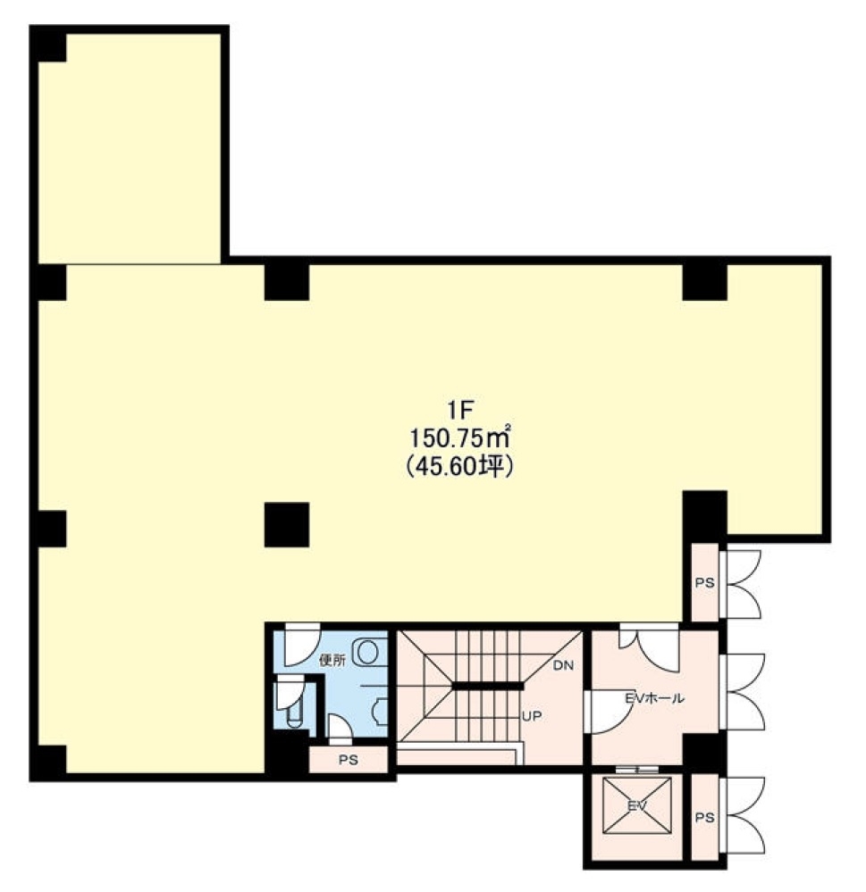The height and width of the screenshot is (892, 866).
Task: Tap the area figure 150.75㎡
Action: tap(459, 438)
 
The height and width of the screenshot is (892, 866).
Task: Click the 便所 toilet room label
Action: tap(333, 661)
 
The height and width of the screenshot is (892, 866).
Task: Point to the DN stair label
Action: tap(563, 665)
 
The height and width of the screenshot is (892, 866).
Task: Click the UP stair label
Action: tap(532, 716)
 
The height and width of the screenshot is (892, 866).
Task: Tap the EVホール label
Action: tap(655, 698)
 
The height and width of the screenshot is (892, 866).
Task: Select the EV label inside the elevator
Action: tap(636, 805)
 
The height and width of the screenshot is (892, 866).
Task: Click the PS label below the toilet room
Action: tap(348, 760)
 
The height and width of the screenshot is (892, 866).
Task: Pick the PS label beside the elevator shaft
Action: tap(704, 818)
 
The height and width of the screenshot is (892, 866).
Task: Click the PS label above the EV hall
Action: tap(704, 583)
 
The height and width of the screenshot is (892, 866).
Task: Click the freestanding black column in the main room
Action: tap(287, 524)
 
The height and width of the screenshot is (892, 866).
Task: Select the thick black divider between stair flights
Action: tap(487, 686)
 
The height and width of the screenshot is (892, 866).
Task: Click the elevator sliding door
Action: tap(637, 770)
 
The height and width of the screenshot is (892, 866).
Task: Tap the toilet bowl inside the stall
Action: tap(294, 715)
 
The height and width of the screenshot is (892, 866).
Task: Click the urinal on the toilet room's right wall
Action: tap(381, 710)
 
